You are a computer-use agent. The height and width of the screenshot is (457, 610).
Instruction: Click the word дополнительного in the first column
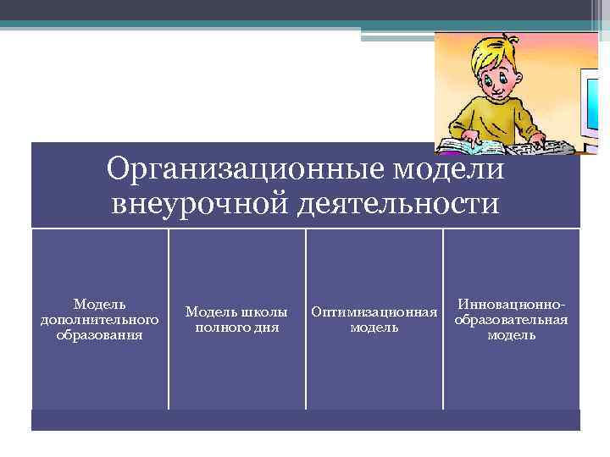100,319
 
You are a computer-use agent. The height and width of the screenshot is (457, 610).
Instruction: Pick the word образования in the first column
100,334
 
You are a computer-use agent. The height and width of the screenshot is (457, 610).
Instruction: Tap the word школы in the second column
262,312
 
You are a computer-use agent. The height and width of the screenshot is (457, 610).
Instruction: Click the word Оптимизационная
374,312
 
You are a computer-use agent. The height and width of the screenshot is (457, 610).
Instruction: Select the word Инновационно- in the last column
511,304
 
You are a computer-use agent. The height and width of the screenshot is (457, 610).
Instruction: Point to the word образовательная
511,319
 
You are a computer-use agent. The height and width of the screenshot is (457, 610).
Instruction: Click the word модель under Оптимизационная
374,328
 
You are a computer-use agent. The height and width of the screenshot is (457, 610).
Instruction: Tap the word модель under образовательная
511,334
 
